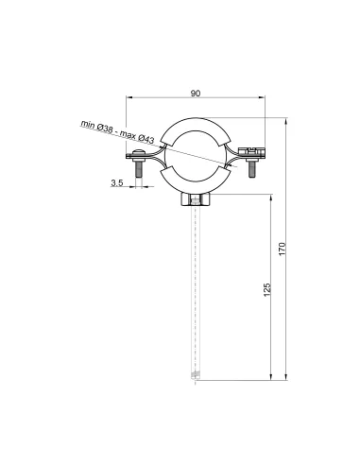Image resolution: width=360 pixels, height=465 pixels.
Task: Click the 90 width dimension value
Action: point(196,94)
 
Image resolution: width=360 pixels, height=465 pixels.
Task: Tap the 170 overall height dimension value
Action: point(283,249)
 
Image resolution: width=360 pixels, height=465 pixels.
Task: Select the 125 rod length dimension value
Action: point(266,289)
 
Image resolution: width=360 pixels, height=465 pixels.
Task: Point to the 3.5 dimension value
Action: point(117,182)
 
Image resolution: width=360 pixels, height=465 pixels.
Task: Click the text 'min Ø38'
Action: point(96,126)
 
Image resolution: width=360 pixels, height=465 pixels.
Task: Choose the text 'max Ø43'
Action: point(137,136)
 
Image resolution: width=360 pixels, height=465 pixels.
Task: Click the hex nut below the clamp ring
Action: point(196,199)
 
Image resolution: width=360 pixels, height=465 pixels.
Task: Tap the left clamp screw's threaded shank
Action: point(139,169)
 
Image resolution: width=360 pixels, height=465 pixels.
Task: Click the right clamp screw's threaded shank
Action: point(251,169)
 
